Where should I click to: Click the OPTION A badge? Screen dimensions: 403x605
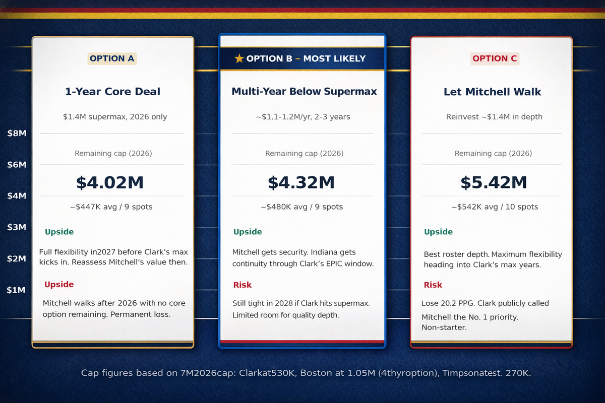pyautogui.click(x=112, y=58)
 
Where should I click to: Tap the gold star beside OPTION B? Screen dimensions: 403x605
pyautogui.click(x=239, y=58)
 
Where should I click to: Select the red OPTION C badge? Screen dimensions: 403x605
pyautogui.click(x=495, y=58)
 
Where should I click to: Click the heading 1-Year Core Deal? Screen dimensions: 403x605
pyautogui.click(x=112, y=92)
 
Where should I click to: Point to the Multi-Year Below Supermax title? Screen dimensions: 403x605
pyautogui.click(x=304, y=92)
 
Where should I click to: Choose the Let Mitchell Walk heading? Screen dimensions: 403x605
pyautogui.click(x=493, y=92)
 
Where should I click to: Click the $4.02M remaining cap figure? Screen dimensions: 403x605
pyautogui.click(x=110, y=182)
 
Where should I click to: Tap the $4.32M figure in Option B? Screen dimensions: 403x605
pyautogui.click(x=301, y=182)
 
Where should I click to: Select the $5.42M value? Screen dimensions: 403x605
pyautogui.click(x=494, y=182)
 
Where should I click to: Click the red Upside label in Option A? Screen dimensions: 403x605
pyautogui.click(x=59, y=285)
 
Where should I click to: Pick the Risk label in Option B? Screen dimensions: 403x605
pyautogui.click(x=242, y=285)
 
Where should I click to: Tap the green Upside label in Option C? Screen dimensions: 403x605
pyautogui.click(x=438, y=232)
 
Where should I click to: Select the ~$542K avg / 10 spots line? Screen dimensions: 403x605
pyautogui.click(x=494, y=207)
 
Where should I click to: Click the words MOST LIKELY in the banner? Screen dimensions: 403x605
pyautogui.click(x=334, y=58)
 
